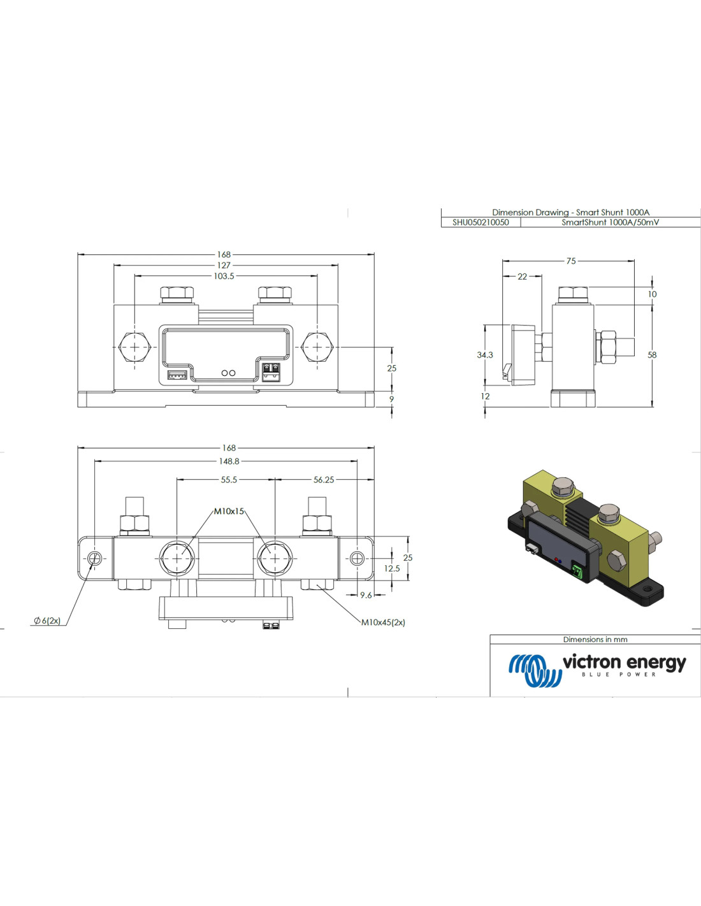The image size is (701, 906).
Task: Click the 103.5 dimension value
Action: click(224, 276)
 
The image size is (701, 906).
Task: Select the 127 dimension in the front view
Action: click(224, 265)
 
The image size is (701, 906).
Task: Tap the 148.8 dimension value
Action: click(229, 461)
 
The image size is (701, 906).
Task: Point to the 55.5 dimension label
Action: click(229, 480)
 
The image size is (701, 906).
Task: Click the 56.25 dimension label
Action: click(324, 480)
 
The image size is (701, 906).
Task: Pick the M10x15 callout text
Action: click(229, 511)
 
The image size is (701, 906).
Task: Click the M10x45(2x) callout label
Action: click(383, 622)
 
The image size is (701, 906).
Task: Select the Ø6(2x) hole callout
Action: click(47, 621)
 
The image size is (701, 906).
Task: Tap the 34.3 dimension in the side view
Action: click(485, 355)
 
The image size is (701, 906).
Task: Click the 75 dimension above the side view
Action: click(571, 261)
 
